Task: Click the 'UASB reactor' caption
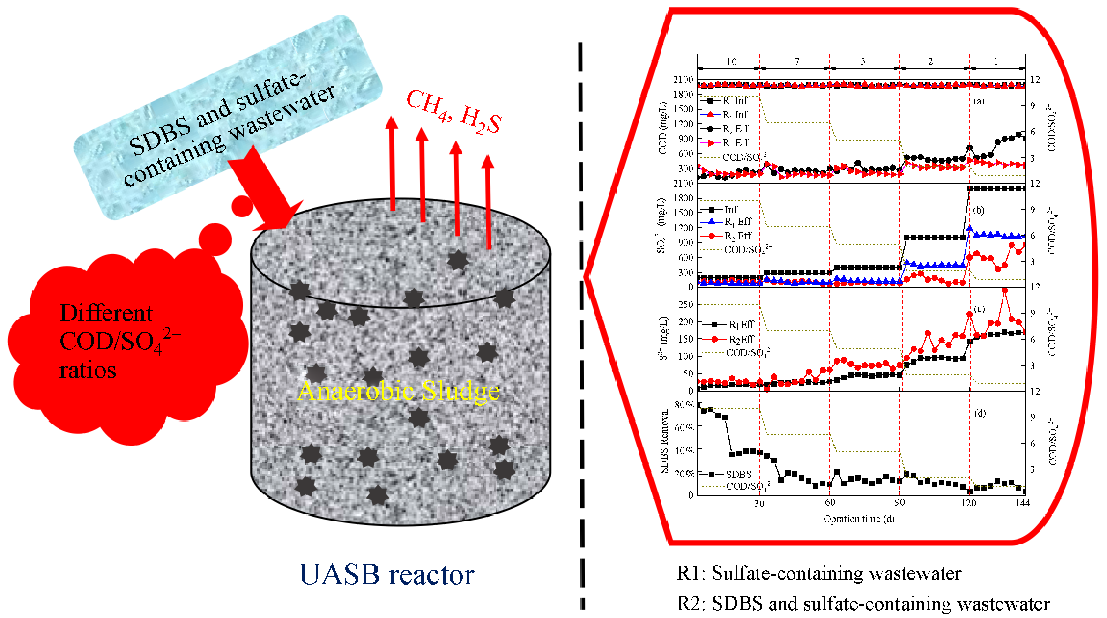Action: point(386,574)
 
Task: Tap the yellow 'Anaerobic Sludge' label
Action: point(399,391)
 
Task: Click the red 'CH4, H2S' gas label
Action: point(453,112)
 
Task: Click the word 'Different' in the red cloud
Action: point(106,313)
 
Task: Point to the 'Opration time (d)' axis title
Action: point(859,519)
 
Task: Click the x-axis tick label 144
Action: point(1022,503)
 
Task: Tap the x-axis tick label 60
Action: point(830,502)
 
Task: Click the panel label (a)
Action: point(979,101)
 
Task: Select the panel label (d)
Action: point(980,413)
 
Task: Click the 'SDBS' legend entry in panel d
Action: point(738,475)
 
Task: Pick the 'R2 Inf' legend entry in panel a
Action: point(735,101)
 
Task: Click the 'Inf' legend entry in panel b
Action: point(731,210)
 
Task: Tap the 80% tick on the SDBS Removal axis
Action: point(684,405)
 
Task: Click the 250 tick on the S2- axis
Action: point(686,305)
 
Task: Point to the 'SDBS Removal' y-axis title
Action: point(664,441)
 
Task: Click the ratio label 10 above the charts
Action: point(731,62)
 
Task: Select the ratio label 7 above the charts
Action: point(797,62)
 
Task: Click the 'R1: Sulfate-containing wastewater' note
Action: point(819,573)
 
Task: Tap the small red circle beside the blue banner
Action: point(242,206)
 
